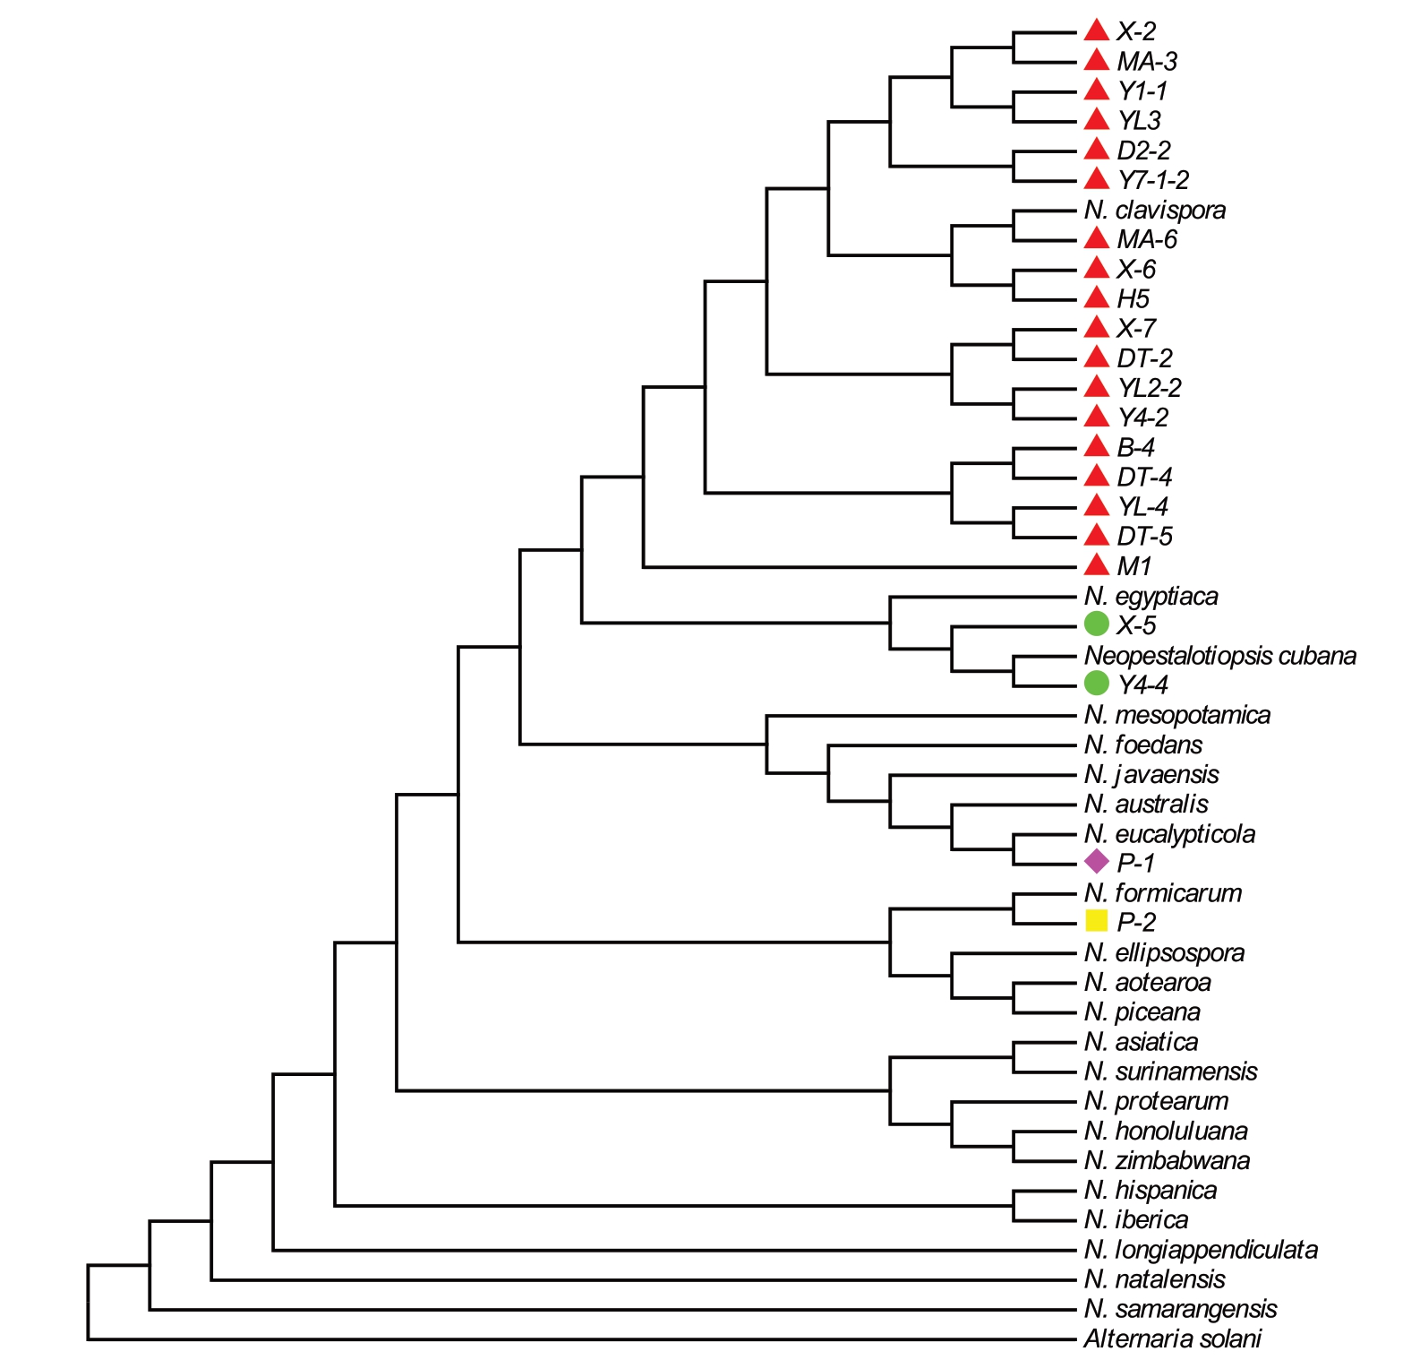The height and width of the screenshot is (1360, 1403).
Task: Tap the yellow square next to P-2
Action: pos(1096,921)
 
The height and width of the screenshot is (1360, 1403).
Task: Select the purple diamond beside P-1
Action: pos(1096,862)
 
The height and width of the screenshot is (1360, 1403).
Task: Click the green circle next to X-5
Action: pos(1096,624)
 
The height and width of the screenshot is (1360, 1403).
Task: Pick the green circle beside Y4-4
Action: pos(1096,684)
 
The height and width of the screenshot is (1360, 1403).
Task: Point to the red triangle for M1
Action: pos(1096,565)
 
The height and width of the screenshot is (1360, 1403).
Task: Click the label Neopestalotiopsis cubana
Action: pos(1219,655)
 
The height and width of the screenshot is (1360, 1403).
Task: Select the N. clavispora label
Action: pos(1154,210)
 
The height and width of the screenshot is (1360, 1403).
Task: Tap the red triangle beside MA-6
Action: pos(1096,238)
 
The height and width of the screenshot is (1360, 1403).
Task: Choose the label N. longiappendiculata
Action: pos(1200,1249)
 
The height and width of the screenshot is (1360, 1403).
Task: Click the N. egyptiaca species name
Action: pos(1151,596)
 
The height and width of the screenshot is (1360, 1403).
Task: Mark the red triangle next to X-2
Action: pos(1096,30)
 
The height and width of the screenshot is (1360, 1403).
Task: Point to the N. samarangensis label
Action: pos(1180,1309)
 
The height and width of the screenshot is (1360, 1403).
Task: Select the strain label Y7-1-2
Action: pos(1152,180)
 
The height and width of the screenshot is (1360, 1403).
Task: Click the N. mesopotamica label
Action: pos(1176,715)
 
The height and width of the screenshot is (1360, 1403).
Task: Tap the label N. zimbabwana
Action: pos(1167,1160)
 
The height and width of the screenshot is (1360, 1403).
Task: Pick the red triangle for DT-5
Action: pos(1096,536)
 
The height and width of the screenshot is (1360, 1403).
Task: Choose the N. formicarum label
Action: pos(1162,892)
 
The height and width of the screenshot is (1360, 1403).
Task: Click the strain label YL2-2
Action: pos(1149,387)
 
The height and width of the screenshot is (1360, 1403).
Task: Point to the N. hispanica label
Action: pos(1150,1190)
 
